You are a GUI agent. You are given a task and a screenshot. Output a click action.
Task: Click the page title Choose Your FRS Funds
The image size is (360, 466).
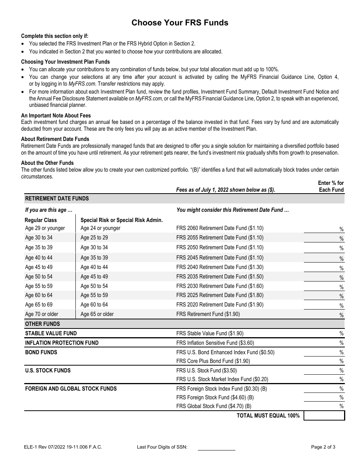coord(180,23)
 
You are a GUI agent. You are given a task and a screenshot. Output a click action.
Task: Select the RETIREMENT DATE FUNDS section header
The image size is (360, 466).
coord(57,199)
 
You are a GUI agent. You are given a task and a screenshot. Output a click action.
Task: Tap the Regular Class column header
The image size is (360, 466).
coord(41,220)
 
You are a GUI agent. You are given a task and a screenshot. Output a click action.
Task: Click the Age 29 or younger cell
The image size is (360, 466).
coord(45,228)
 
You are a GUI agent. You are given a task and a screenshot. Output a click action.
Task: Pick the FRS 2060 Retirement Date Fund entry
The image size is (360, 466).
coord(220,228)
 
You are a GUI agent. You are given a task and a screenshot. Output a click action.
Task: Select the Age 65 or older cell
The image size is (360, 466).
coord(97,314)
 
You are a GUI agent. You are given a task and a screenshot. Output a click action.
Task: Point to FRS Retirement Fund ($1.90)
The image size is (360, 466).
coord(208,314)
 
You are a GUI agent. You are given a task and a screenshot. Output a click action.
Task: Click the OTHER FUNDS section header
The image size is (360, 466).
coord(42,324)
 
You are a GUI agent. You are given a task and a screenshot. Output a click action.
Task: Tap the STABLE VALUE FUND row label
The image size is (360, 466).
coord(51,333)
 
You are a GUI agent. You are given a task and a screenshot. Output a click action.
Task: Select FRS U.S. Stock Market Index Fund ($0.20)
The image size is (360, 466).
coord(222,379)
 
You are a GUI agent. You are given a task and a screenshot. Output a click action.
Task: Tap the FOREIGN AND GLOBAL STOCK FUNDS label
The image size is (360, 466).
coord(71,389)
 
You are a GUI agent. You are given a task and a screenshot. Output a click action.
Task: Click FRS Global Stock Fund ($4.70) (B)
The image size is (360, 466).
coord(214,406)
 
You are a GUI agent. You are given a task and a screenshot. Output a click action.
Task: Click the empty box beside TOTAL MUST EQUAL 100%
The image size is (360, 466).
coord(324,416)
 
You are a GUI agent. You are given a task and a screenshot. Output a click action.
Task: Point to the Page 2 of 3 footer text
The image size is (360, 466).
coord(323,447)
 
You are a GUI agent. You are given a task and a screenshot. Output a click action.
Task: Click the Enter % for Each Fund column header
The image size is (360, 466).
coord(331,186)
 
